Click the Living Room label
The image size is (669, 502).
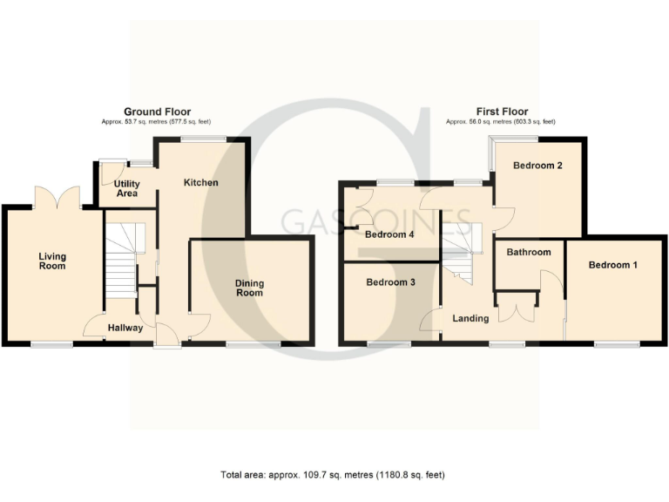click(52, 261)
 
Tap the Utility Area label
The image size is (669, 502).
click(127, 187)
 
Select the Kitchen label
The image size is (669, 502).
click(200, 182)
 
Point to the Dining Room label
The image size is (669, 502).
click(248, 288)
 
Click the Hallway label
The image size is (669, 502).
click(125, 329)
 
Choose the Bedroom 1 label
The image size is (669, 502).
click(612, 264)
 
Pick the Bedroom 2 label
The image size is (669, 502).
click(537, 166)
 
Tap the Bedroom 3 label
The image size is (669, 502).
click(389, 282)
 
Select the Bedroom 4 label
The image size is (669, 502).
click(389, 234)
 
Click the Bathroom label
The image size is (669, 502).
click(529, 253)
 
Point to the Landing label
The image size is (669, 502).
click(470, 318)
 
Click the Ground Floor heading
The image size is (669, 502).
click(157, 112)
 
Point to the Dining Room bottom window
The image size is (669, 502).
click(253, 345)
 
